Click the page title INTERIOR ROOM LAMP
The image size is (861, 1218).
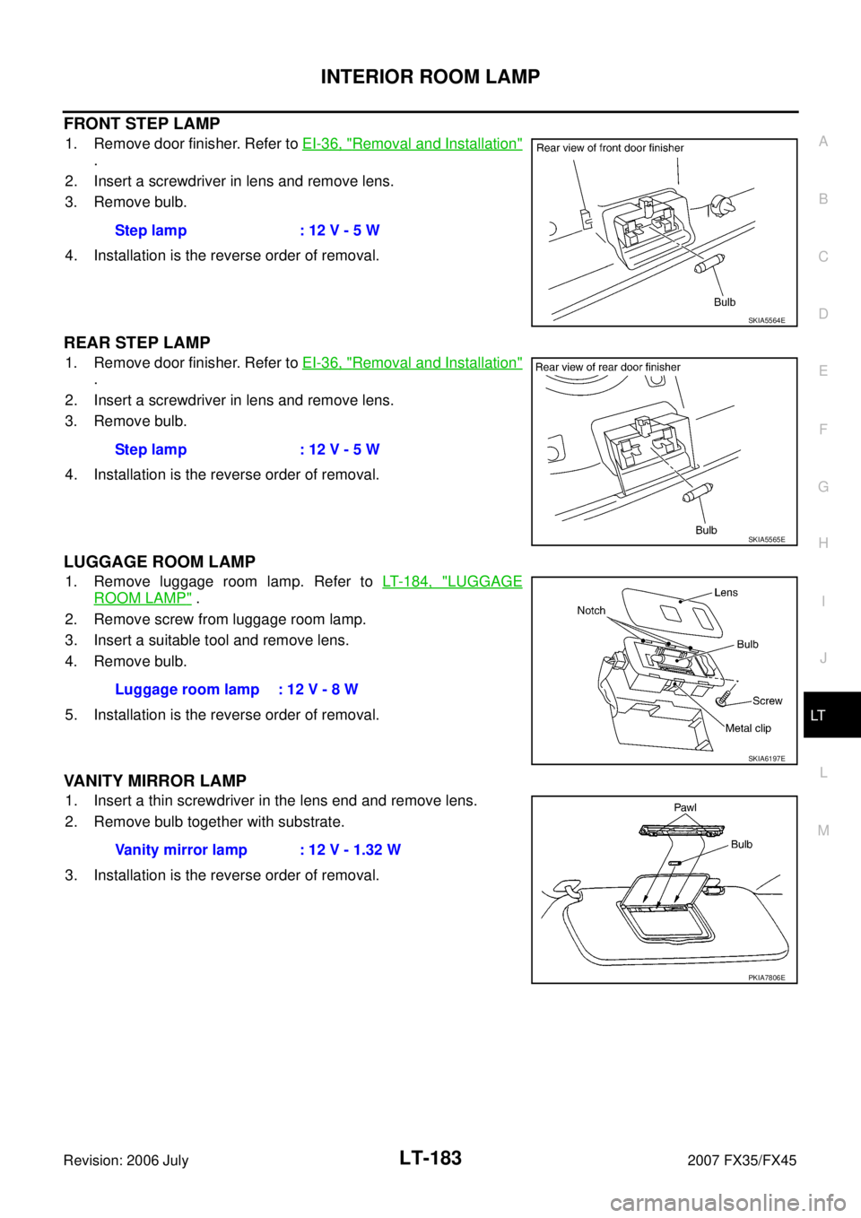pos(430,76)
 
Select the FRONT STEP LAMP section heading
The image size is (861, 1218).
pos(142,124)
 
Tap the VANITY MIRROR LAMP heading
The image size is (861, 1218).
pos(155,781)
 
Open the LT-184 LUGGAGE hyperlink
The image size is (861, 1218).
pos(452,582)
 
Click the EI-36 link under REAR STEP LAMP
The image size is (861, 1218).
pos(412,362)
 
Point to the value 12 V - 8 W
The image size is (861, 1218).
pos(322,690)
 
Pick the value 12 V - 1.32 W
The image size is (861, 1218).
pos(354,850)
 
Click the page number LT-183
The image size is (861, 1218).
pos(430,1158)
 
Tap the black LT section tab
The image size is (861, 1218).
pos(831,715)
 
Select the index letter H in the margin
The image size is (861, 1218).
pos(823,543)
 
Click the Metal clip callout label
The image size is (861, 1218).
pos(748,728)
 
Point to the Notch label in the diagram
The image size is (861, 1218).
pos(591,611)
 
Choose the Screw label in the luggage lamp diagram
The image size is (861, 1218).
pos(767,700)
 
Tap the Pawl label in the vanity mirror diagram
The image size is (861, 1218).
pos(685,807)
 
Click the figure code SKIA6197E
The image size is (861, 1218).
pos(767,759)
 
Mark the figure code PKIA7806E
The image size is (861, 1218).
pos(767,978)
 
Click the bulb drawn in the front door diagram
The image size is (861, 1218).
pos(709,263)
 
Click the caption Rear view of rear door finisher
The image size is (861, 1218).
pos(608,367)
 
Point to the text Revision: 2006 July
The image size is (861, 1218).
pos(126,1161)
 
